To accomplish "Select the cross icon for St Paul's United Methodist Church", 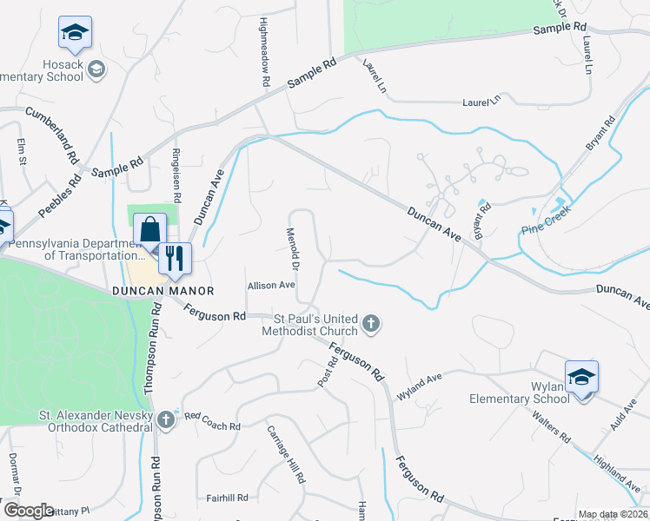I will [x=371, y=325].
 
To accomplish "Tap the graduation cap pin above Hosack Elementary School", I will [x=76, y=34].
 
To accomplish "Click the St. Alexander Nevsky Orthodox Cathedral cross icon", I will [x=166, y=420].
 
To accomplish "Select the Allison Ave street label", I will [x=272, y=285].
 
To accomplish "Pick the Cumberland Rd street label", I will [x=52, y=135].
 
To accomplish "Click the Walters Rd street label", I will [x=553, y=425].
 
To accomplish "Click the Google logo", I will [x=29, y=511].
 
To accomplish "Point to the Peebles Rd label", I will [x=60, y=200].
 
